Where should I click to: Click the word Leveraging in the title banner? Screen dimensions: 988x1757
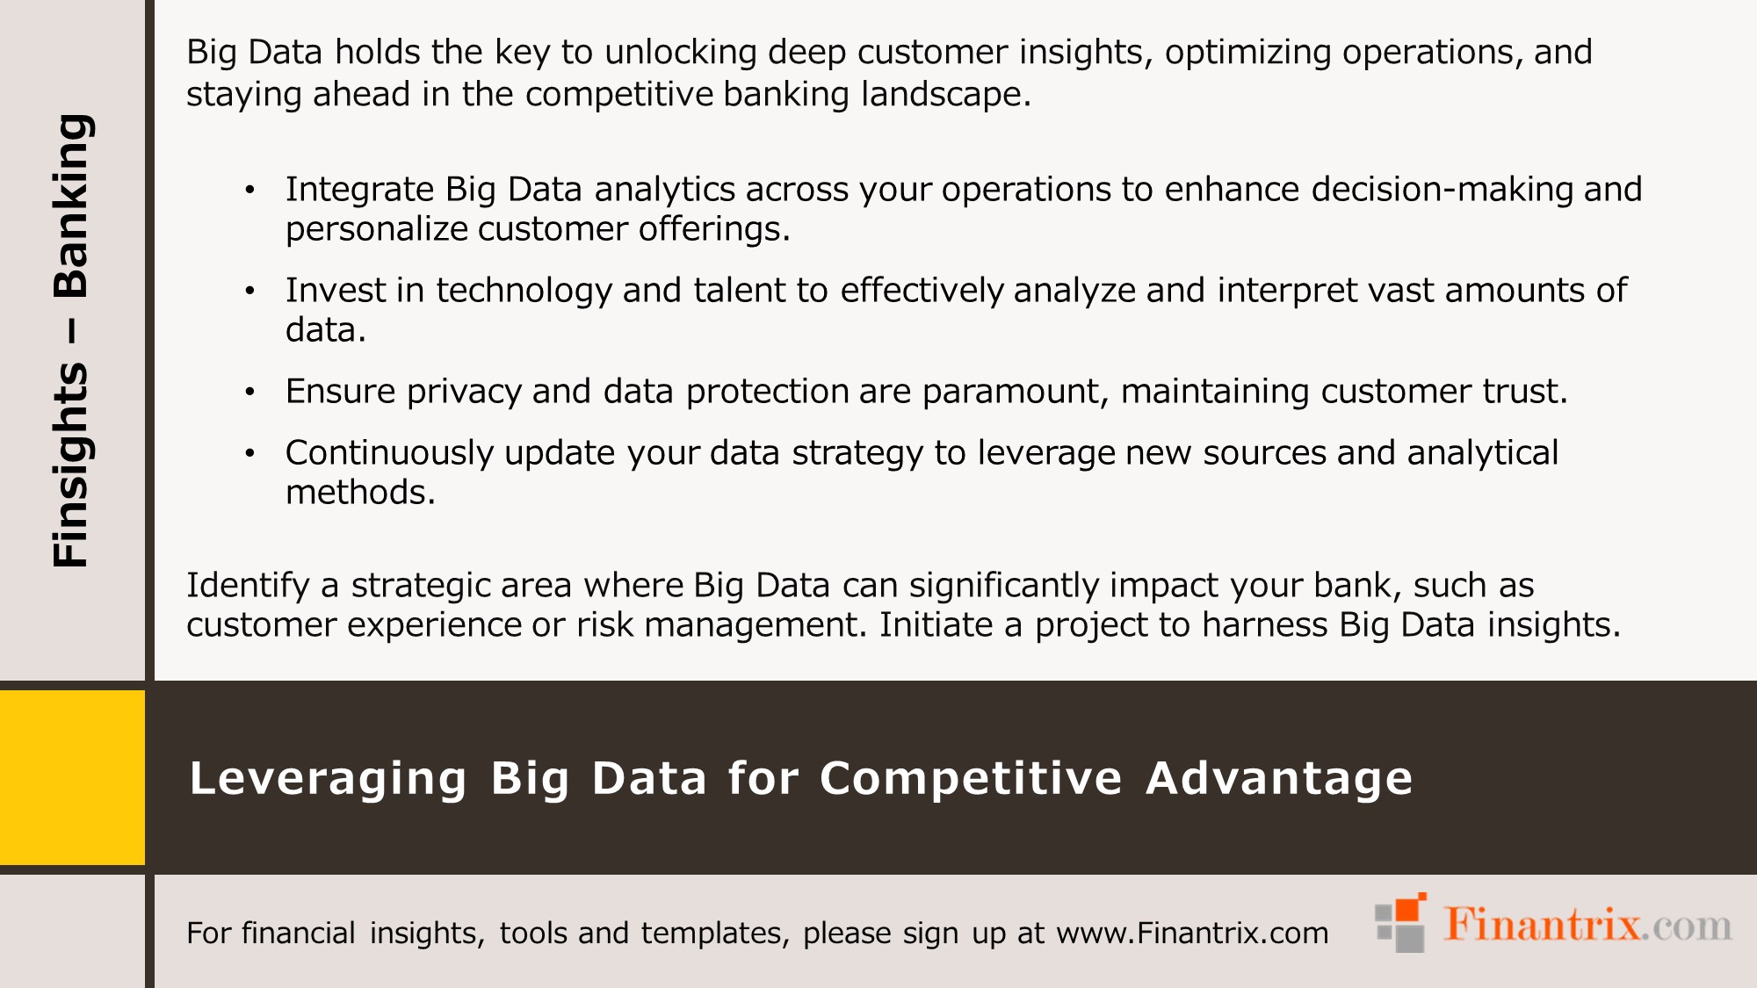tap(328, 779)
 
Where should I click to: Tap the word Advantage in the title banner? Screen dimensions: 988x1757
tap(1279, 779)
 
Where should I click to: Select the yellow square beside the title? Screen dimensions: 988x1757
tap(72, 777)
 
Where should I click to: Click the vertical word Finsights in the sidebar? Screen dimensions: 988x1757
tap(70, 465)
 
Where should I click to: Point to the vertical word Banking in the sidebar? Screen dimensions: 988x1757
tap(70, 206)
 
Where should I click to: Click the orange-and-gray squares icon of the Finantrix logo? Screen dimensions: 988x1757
tap(1400, 923)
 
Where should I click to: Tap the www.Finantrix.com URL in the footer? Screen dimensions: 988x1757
tap(1192, 933)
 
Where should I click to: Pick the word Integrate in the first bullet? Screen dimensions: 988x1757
tap(359, 190)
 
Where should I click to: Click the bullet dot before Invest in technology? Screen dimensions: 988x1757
tap(250, 291)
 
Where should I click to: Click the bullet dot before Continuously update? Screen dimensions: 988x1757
tap(250, 453)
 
